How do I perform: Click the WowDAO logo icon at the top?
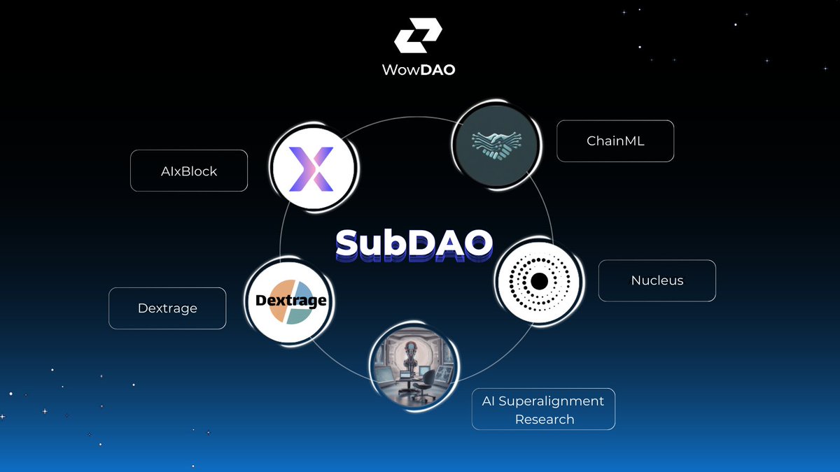click(x=418, y=36)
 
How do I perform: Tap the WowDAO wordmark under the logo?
click(x=419, y=71)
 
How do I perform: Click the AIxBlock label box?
click(x=189, y=171)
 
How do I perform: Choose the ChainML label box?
click(x=615, y=141)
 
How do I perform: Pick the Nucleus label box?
click(x=657, y=280)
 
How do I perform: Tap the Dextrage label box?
click(x=167, y=308)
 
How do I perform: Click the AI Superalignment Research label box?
click(x=543, y=409)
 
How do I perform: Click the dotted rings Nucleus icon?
click(x=538, y=281)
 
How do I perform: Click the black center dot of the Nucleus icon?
click(x=538, y=281)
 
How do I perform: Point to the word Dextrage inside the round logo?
click(x=289, y=301)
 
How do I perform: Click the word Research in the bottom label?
click(x=545, y=419)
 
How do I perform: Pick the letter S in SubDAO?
click(x=351, y=243)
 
